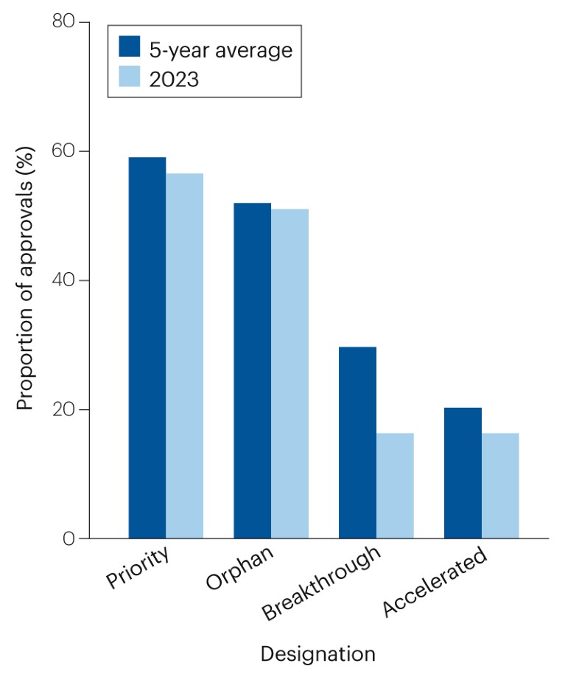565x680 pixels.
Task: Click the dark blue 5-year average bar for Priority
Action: (x=147, y=347)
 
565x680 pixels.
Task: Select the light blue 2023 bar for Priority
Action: (x=184, y=355)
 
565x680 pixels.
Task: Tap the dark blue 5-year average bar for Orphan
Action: (x=252, y=370)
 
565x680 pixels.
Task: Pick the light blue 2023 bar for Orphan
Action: (x=289, y=373)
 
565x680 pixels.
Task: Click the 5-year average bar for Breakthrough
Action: (x=357, y=443)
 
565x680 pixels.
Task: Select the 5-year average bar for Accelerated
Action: (x=463, y=473)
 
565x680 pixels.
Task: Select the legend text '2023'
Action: (x=174, y=78)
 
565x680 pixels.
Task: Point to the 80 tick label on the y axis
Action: (x=63, y=22)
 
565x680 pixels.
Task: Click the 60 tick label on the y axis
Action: (x=63, y=151)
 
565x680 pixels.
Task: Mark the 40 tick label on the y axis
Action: (x=63, y=280)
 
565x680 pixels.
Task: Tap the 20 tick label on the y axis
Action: (x=63, y=409)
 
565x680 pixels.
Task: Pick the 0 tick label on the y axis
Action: (x=69, y=538)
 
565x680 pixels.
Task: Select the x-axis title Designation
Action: (x=317, y=653)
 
